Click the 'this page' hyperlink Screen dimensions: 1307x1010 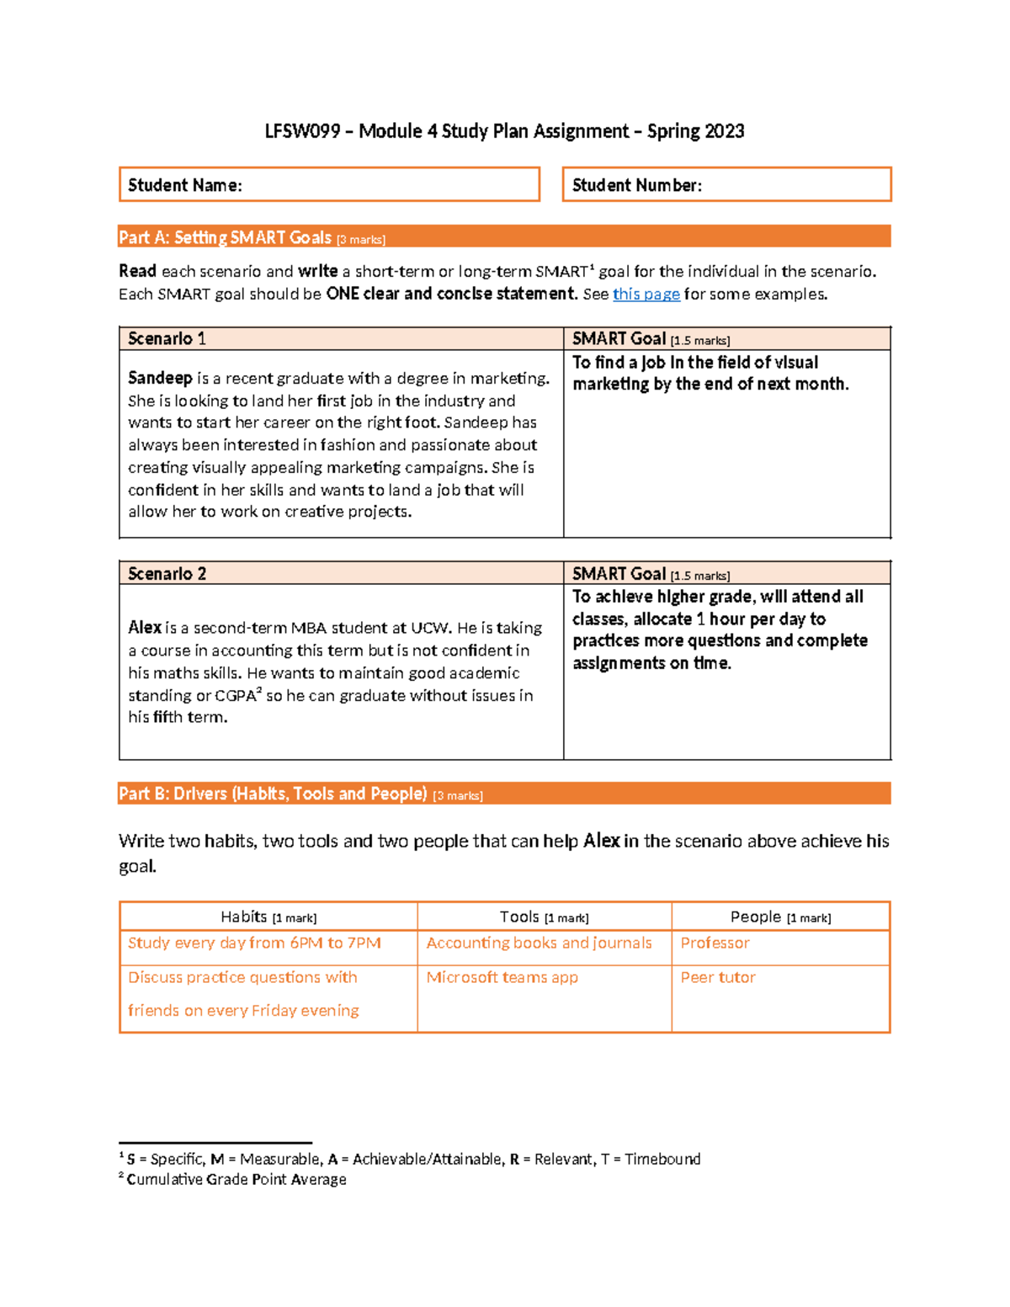(646, 294)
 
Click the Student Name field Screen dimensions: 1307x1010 (329, 184)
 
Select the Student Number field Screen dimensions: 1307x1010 (726, 184)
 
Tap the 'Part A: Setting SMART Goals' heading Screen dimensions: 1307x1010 (225, 237)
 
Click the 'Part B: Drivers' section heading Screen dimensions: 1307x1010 (273, 794)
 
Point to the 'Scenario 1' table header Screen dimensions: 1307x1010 (167, 338)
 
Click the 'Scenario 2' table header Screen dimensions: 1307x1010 (167, 573)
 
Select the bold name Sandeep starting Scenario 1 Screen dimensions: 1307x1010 (160, 378)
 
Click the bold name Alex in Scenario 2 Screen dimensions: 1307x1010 (145, 627)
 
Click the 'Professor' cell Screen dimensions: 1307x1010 (715, 943)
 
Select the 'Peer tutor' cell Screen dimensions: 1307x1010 (718, 977)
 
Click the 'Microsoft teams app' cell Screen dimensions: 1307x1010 (502, 977)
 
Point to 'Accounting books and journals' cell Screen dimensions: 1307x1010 (539, 943)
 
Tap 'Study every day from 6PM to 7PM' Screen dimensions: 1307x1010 (254, 943)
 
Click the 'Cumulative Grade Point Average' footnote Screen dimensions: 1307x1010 (236, 1179)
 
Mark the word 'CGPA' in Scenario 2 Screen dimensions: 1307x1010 (235, 696)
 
